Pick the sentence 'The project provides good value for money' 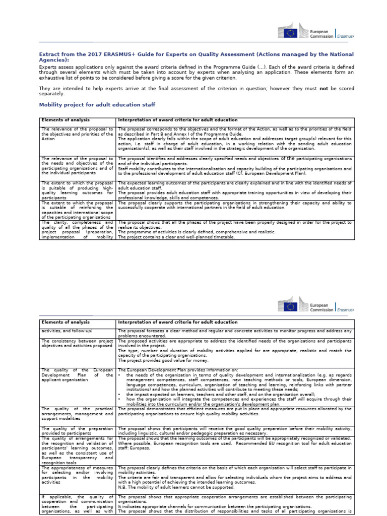point(159,360)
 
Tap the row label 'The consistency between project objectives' point(77,344)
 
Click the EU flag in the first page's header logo point(290,33)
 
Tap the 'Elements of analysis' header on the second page point(66,321)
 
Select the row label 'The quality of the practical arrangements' point(77,414)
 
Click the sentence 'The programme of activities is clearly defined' point(197,231)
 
